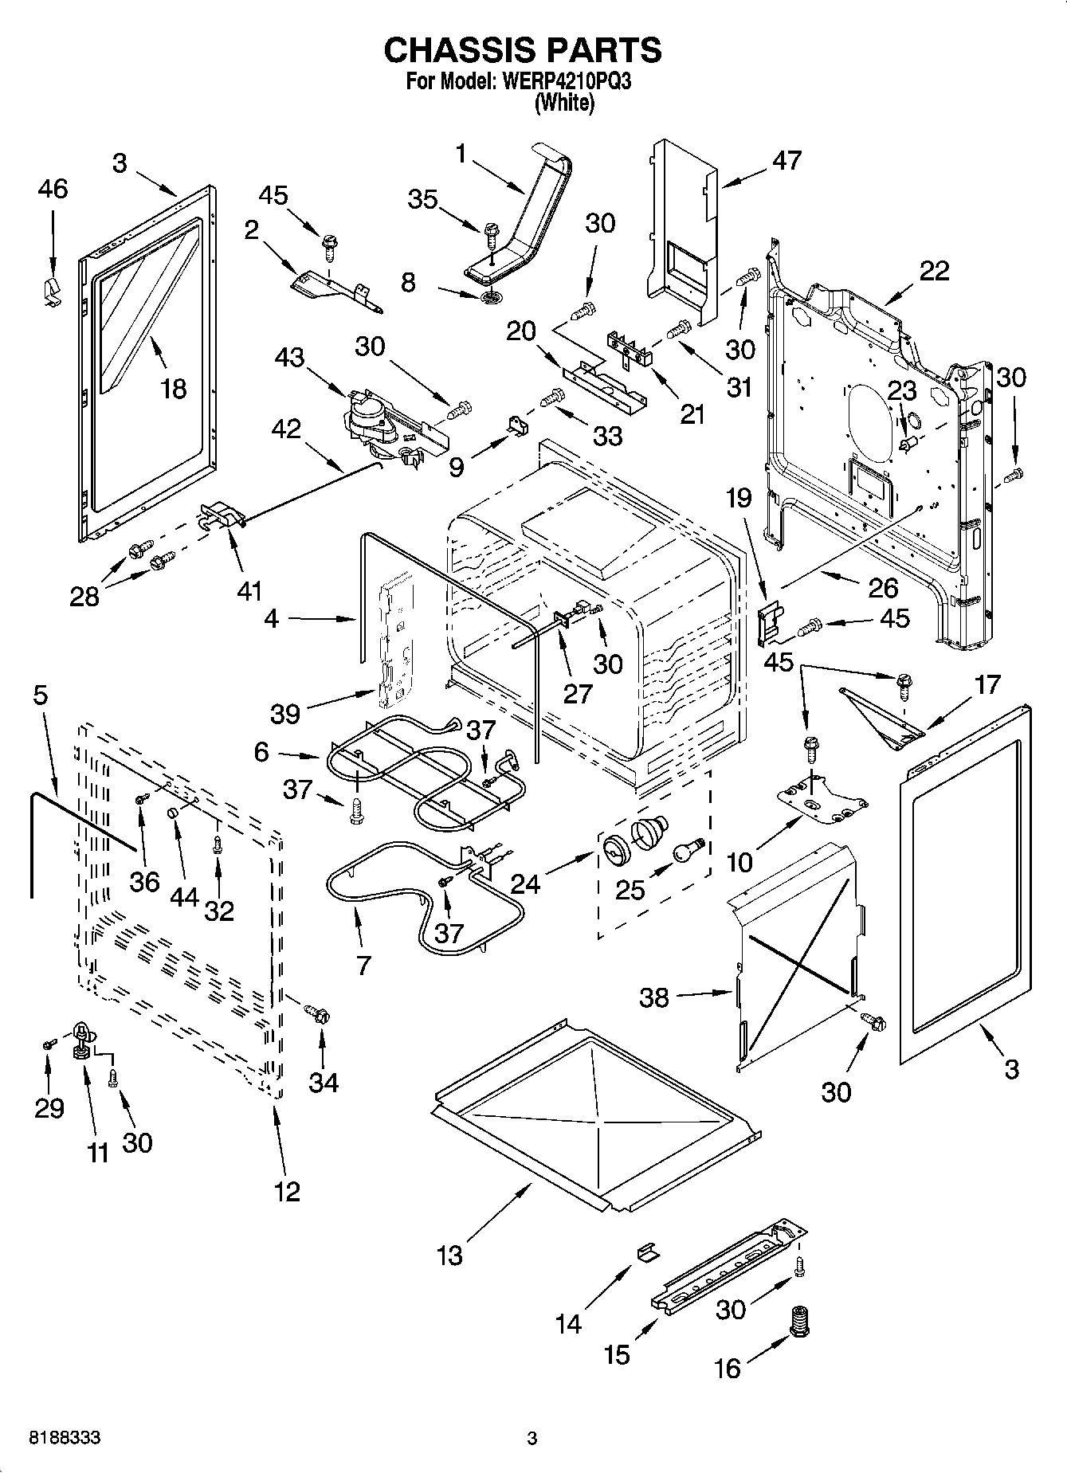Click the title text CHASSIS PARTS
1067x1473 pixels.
[522, 50]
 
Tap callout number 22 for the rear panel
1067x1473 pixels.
[934, 271]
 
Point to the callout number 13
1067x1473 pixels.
[449, 1256]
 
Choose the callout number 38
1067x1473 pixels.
[654, 997]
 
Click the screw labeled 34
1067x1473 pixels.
[318, 1014]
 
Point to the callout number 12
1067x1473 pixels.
[287, 1192]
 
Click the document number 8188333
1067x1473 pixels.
[65, 1439]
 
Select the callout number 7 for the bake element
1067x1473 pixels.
[363, 965]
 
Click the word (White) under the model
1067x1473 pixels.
[564, 103]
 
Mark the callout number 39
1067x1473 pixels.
[284, 713]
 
